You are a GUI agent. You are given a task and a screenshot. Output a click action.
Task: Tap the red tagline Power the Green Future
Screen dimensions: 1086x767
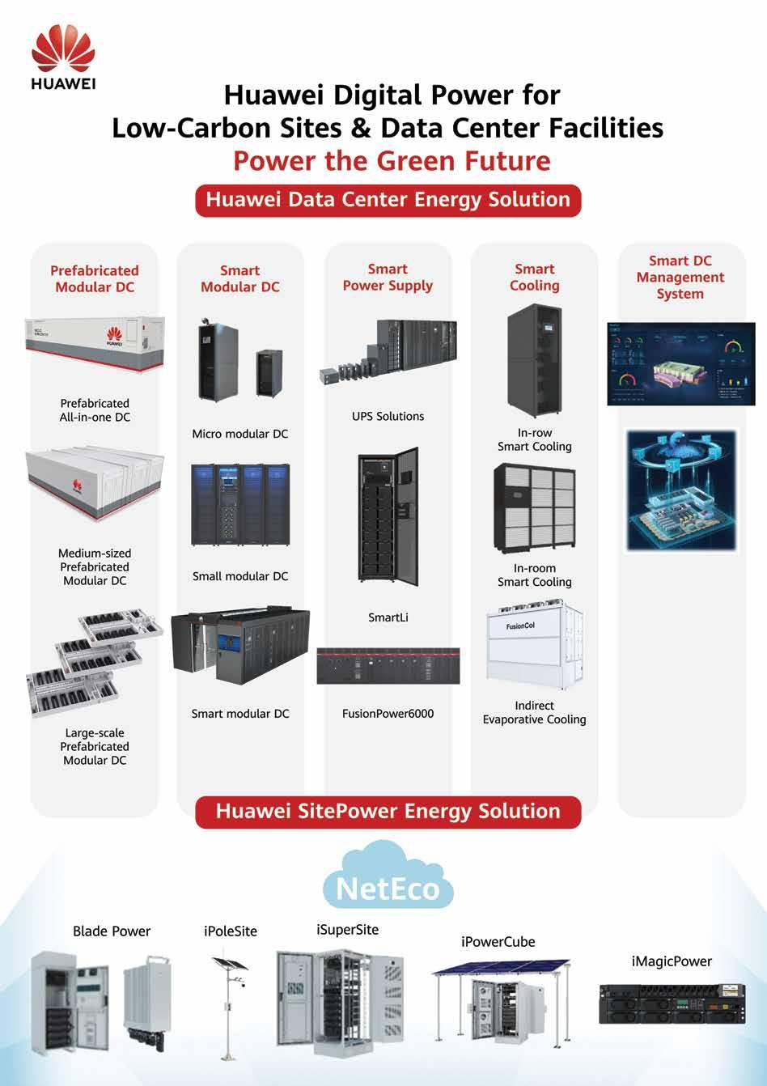(x=392, y=160)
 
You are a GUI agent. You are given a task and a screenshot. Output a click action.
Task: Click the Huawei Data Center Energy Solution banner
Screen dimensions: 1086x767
(x=388, y=200)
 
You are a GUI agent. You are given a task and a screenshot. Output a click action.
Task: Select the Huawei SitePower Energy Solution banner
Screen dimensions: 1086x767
(x=388, y=812)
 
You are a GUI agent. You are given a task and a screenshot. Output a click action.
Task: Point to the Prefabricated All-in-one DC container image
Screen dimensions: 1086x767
(x=95, y=344)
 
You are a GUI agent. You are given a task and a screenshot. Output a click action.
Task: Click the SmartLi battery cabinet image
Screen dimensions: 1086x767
(x=388, y=517)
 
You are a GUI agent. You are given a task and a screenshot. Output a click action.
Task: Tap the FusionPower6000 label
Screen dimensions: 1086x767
(x=388, y=714)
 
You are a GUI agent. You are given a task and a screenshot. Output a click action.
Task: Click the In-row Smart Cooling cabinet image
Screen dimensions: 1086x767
(x=534, y=360)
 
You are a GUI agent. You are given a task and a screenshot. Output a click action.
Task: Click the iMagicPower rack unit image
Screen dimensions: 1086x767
(x=672, y=1004)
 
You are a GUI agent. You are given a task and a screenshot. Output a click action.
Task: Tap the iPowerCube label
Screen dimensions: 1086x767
(x=498, y=942)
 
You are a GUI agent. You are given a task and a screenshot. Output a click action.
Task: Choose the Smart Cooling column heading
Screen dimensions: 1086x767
(x=535, y=278)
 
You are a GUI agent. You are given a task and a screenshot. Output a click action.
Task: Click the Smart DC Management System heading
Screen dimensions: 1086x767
(x=680, y=278)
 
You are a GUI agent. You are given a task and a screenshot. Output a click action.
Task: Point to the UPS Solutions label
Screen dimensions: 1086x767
(x=388, y=417)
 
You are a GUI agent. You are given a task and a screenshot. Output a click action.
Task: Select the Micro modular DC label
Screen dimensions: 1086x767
(x=240, y=435)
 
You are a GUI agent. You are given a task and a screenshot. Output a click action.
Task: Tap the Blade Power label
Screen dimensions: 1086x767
(x=112, y=931)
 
